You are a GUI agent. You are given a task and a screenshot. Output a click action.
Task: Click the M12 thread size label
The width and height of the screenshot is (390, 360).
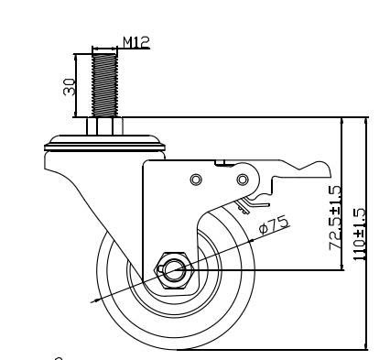pyautogui.click(x=135, y=42)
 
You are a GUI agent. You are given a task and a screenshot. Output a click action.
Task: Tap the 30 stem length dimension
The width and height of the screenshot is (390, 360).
pyautogui.click(x=70, y=86)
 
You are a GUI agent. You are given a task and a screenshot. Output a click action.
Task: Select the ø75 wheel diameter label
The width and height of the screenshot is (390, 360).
pyautogui.click(x=273, y=224)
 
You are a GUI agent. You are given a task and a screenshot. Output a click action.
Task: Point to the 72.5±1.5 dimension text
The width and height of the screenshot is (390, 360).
pyautogui.click(x=335, y=217)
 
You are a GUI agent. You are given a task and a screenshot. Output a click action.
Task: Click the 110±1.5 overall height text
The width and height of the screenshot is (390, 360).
pyautogui.click(x=359, y=235)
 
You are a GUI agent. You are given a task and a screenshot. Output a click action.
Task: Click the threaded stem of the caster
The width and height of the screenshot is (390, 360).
pyautogui.click(x=104, y=85)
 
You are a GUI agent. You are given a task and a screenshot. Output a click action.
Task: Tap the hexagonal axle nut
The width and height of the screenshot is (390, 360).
pyautogui.click(x=174, y=270)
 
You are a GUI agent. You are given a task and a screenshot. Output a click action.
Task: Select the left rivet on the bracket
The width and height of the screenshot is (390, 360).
pyautogui.click(x=196, y=180)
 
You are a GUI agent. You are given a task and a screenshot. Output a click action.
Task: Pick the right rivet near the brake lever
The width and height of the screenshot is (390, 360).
pyautogui.click(x=243, y=180)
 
